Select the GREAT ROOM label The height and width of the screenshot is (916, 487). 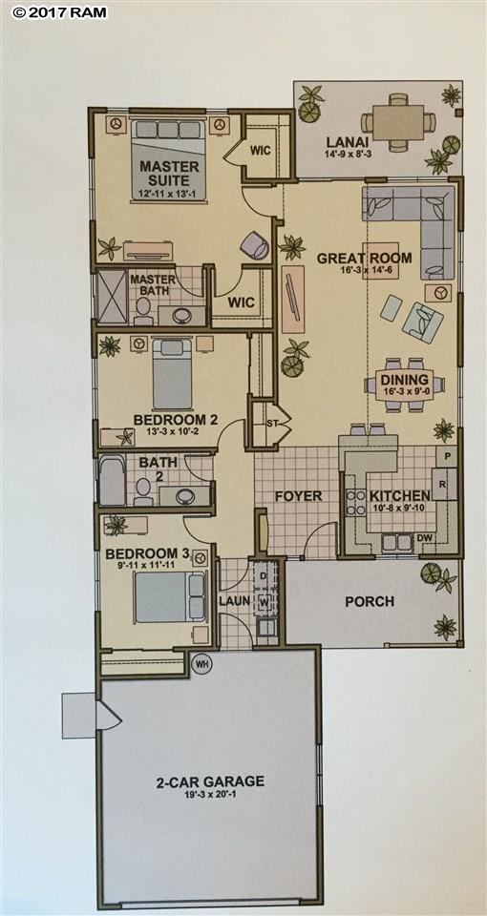tap(364, 258)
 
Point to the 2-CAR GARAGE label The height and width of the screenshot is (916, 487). tap(211, 781)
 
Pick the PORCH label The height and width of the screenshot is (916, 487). tap(371, 601)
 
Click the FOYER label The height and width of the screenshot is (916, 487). tap(298, 496)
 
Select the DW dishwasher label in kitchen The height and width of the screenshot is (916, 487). tap(426, 539)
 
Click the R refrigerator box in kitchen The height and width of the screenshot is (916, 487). tap(444, 485)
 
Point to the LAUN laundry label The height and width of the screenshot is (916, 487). tap(233, 601)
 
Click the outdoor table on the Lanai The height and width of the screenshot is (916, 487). tap(398, 121)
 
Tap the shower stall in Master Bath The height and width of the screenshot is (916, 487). tap(112, 298)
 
